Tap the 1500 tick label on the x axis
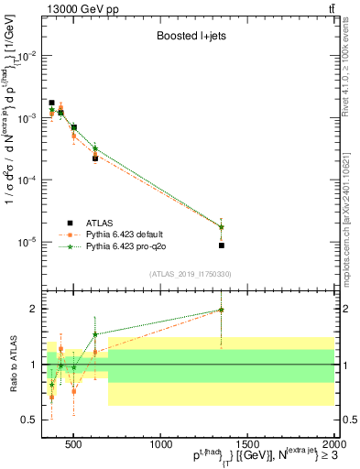(x=248, y=446)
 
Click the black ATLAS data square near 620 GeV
(x=95, y=158)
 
